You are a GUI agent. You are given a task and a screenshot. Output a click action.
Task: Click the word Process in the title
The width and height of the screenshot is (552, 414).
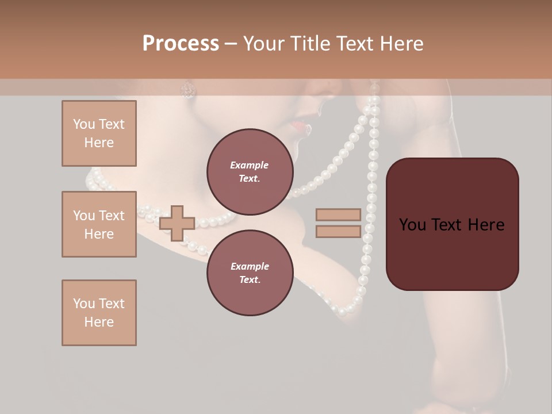(181, 44)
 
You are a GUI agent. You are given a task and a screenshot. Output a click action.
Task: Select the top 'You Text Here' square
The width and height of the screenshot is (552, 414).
(99, 133)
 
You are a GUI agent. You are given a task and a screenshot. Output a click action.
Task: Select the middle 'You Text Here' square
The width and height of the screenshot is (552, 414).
(99, 224)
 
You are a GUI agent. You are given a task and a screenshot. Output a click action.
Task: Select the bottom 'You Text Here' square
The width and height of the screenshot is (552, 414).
(99, 313)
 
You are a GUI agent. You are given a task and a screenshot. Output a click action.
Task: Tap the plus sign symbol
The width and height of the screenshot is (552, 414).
(177, 223)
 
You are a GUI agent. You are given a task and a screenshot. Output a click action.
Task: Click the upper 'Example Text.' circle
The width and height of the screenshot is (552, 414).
(250, 171)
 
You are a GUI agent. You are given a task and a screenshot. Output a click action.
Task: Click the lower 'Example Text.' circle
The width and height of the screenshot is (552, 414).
(250, 273)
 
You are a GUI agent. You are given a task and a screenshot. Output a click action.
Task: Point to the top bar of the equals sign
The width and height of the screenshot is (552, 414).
(338, 215)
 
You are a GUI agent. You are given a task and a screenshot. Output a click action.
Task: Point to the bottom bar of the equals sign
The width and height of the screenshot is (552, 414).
(338, 232)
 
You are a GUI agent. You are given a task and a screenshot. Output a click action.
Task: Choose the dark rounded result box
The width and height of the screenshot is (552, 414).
(452, 224)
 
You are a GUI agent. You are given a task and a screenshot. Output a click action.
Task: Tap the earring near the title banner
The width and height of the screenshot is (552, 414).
(188, 89)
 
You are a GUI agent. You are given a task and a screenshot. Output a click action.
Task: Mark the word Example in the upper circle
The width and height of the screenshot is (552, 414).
(250, 165)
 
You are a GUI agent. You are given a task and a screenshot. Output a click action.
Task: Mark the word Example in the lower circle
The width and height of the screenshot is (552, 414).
(250, 266)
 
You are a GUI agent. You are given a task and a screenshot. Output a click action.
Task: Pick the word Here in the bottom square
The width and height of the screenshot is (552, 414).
(99, 322)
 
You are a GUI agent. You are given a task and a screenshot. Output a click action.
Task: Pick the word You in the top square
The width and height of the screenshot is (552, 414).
(84, 124)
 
